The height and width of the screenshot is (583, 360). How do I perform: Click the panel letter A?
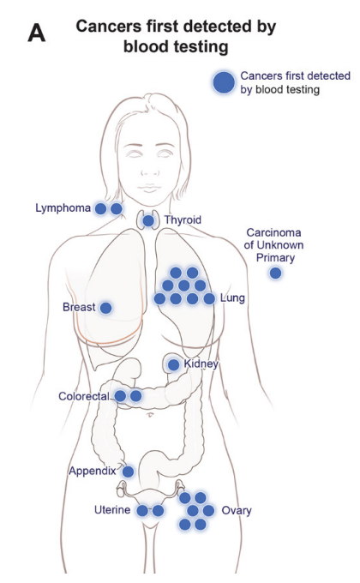[37, 33]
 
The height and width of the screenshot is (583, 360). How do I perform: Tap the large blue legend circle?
[224, 82]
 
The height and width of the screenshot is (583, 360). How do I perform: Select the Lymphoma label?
[63, 207]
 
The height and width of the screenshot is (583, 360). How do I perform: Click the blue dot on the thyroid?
[148, 221]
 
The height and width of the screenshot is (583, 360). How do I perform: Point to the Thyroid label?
[183, 219]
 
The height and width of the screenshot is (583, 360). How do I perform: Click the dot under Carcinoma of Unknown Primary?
[275, 273]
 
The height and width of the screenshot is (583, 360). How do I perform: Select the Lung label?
[232, 298]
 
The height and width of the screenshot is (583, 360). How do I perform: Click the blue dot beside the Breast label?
[106, 308]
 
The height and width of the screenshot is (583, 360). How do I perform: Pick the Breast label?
[79, 307]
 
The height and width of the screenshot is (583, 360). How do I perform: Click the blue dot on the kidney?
[173, 364]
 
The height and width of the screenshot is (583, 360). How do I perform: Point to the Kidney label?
[201, 364]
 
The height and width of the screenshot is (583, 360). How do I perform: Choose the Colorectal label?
[84, 396]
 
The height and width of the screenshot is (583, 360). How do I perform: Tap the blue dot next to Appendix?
[128, 472]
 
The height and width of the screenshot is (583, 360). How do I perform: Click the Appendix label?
[93, 471]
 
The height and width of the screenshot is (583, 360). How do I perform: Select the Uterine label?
[112, 509]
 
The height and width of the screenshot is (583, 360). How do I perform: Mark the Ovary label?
[237, 511]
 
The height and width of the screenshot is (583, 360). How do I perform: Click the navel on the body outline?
[150, 414]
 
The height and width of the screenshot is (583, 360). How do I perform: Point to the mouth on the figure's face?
[149, 188]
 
